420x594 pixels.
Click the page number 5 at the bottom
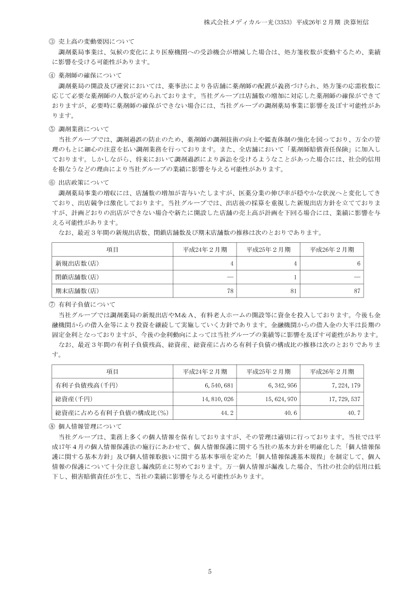pos(210,571)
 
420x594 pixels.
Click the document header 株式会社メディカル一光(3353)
pos(246,23)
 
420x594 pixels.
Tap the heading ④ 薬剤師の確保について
pos(85,75)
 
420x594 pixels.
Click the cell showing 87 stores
pos(357,291)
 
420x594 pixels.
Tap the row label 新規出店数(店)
pos(77,264)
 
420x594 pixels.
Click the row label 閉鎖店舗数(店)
pos(77,277)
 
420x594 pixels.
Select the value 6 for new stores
pos(359,264)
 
